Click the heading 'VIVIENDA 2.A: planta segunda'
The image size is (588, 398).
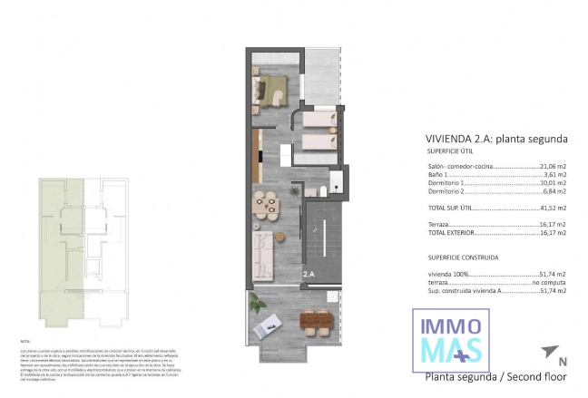496,139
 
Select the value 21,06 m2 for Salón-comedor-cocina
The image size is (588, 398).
553,168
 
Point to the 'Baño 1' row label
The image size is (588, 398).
439,176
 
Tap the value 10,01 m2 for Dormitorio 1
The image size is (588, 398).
553,184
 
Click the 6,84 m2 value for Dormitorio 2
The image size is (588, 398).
554,192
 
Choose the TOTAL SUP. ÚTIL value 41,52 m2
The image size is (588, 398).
553,209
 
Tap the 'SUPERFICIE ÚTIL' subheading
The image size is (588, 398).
453,152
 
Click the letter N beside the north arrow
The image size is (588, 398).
563,362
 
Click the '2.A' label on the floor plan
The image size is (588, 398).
308,274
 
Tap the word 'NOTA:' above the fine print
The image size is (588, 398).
25,341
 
